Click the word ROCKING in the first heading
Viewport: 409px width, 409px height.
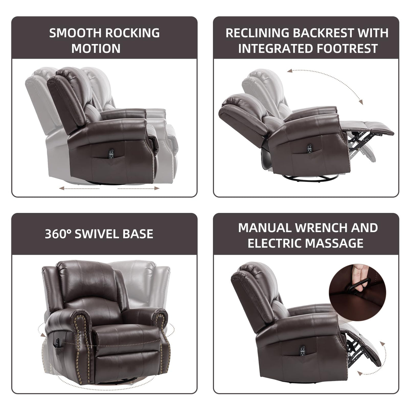tap(132, 33)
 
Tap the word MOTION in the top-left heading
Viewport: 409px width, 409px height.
tap(96, 49)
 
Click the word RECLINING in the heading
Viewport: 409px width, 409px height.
tap(257, 33)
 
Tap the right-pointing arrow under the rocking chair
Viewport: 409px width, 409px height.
tap(138, 188)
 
